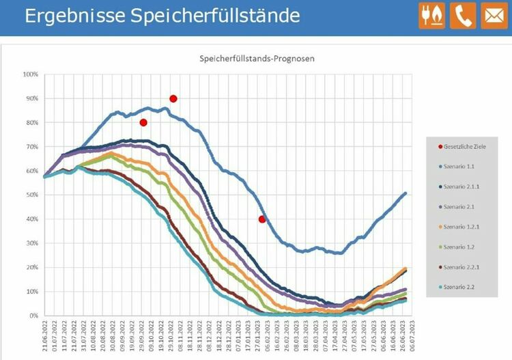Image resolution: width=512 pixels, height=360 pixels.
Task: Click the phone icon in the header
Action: pos(464,16)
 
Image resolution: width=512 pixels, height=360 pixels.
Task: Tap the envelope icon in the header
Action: pos(494,16)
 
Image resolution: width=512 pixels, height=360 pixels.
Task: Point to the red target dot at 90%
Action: pos(173,98)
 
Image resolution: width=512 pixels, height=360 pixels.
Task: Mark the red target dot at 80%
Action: pos(143,123)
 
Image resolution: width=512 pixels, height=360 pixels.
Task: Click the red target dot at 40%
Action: pos(262,219)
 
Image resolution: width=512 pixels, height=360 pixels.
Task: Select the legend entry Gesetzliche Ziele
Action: pos(466,147)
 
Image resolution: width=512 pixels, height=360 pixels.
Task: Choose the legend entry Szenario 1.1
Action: pos(461,167)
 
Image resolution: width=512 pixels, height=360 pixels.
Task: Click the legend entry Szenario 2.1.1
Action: pos(463,186)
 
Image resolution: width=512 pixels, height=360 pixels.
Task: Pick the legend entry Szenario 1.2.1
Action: pos(463,226)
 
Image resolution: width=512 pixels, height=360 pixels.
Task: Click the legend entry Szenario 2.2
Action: pos(461,286)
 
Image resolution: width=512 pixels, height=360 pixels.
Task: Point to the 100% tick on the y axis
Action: pos(30,74)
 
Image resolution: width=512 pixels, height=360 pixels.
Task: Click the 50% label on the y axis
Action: pos(31,195)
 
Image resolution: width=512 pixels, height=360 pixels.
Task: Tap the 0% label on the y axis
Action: pos(33,316)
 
